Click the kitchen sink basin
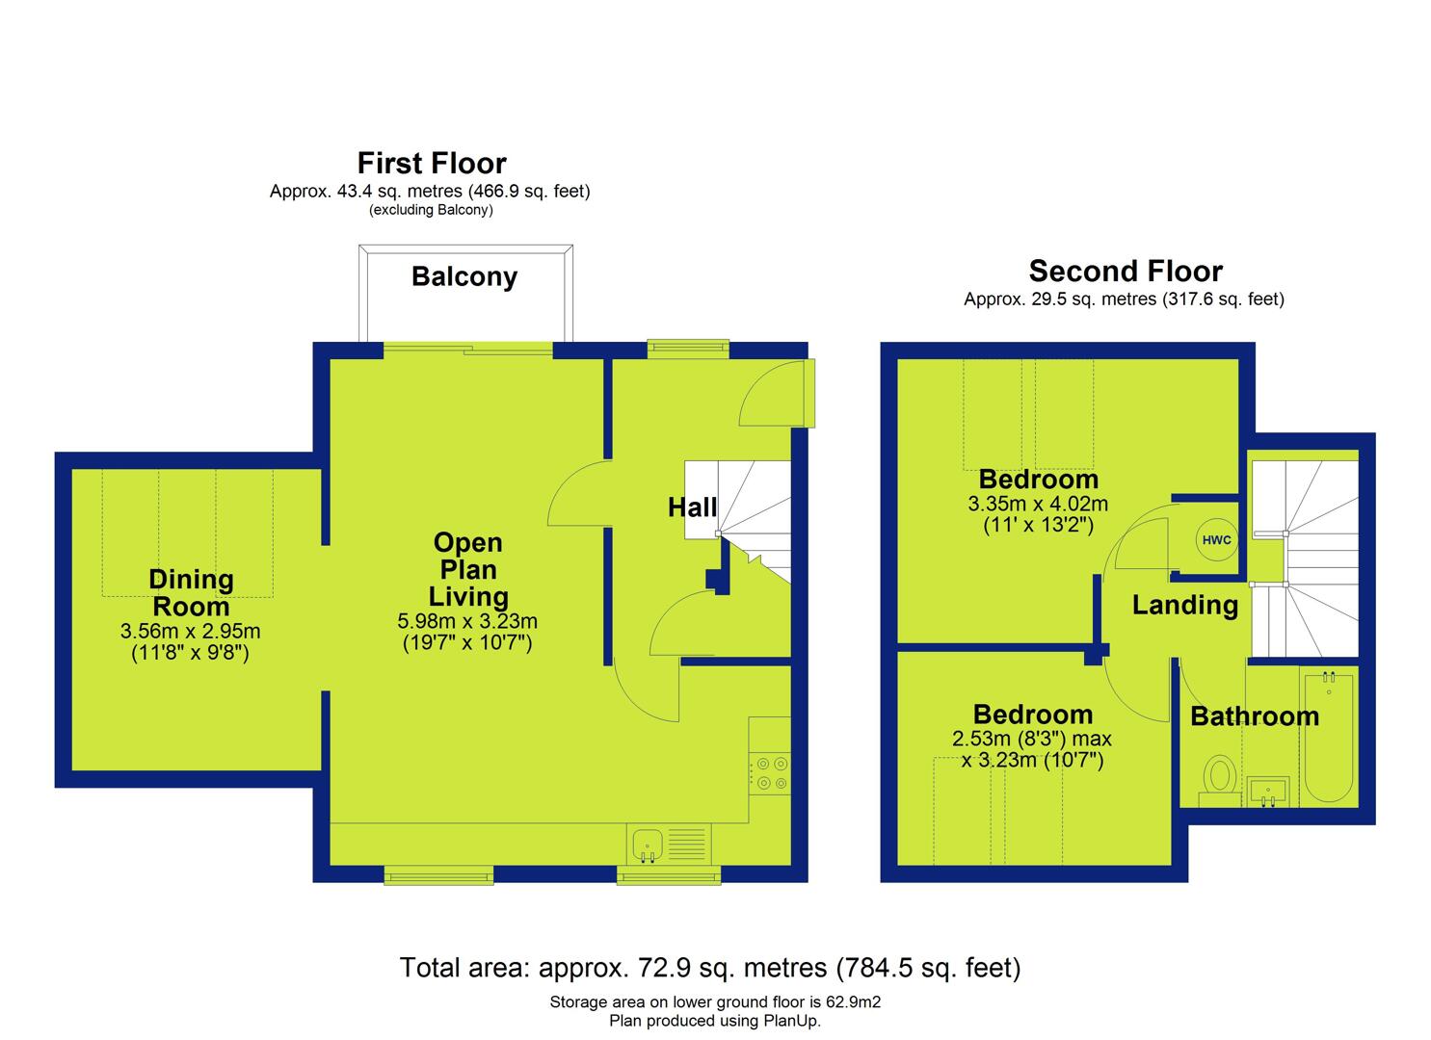(648, 844)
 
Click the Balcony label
(464, 276)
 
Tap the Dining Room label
(191, 592)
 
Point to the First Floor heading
(432, 163)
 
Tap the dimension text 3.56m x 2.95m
(191, 631)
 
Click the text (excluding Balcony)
(431, 210)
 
